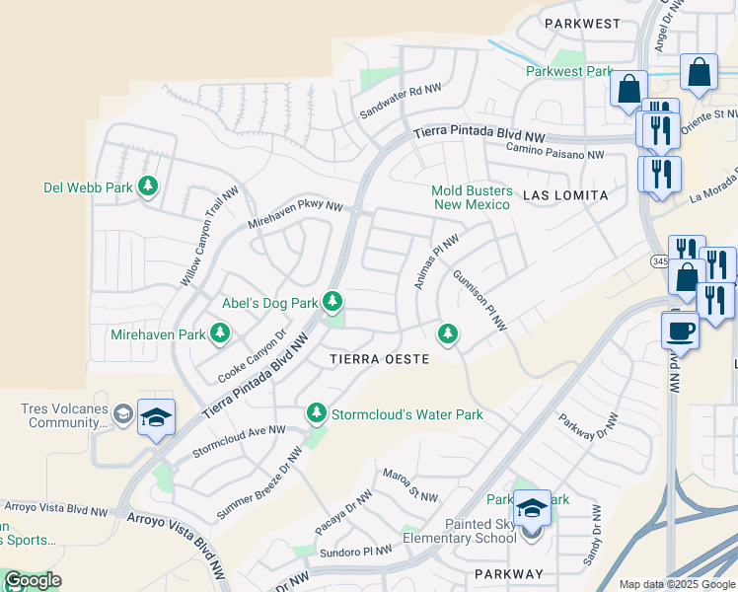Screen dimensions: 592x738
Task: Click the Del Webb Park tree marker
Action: (x=148, y=185)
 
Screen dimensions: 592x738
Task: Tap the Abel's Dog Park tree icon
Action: (x=333, y=300)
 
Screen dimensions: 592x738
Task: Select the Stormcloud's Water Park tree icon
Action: (x=316, y=412)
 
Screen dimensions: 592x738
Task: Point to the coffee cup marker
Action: (x=681, y=331)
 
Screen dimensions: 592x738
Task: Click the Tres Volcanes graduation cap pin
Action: (x=155, y=418)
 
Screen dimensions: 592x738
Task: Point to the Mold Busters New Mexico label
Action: (x=472, y=197)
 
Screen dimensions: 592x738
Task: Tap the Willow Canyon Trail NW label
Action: (x=209, y=237)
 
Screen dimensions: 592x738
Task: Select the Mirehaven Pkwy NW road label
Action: (x=295, y=208)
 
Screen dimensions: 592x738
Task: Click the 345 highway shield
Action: (x=659, y=261)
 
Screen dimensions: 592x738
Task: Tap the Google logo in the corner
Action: (x=32, y=580)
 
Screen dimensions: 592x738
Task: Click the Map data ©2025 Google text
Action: (x=677, y=584)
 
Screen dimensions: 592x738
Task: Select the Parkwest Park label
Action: (x=569, y=71)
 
